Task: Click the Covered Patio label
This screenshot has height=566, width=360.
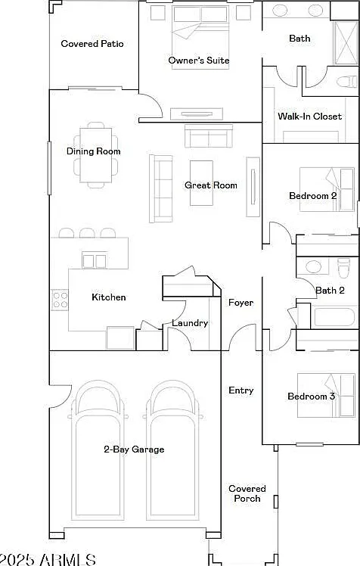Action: tap(92, 44)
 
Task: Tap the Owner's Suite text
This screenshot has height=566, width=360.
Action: tap(199, 60)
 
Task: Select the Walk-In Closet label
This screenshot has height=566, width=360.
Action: tap(309, 117)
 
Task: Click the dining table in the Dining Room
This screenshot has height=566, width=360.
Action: tap(95, 155)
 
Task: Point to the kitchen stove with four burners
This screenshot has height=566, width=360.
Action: tap(60, 300)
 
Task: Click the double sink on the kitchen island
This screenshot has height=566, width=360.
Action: tap(95, 260)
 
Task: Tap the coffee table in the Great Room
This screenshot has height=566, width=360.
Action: tap(201, 183)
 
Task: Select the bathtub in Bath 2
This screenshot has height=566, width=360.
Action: tap(334, 316)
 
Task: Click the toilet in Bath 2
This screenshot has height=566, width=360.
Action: tap(344, 268)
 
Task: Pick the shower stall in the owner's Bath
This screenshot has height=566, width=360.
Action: tap(345, 43)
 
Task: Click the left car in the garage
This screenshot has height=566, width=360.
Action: tap(98, 449)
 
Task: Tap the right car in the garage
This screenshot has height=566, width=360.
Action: tap(172, 449)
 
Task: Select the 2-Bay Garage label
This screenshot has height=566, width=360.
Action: tap(134, 449)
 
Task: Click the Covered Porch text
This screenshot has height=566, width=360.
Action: tap(247, 493)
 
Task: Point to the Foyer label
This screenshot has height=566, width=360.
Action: tap(241, 303)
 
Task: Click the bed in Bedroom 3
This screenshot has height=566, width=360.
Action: tap(326, 395)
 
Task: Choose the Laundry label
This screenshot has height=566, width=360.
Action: tap(190, 323)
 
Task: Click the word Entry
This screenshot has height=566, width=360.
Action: tap(241, 390)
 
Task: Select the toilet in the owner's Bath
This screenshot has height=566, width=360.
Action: tap(347, 81)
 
